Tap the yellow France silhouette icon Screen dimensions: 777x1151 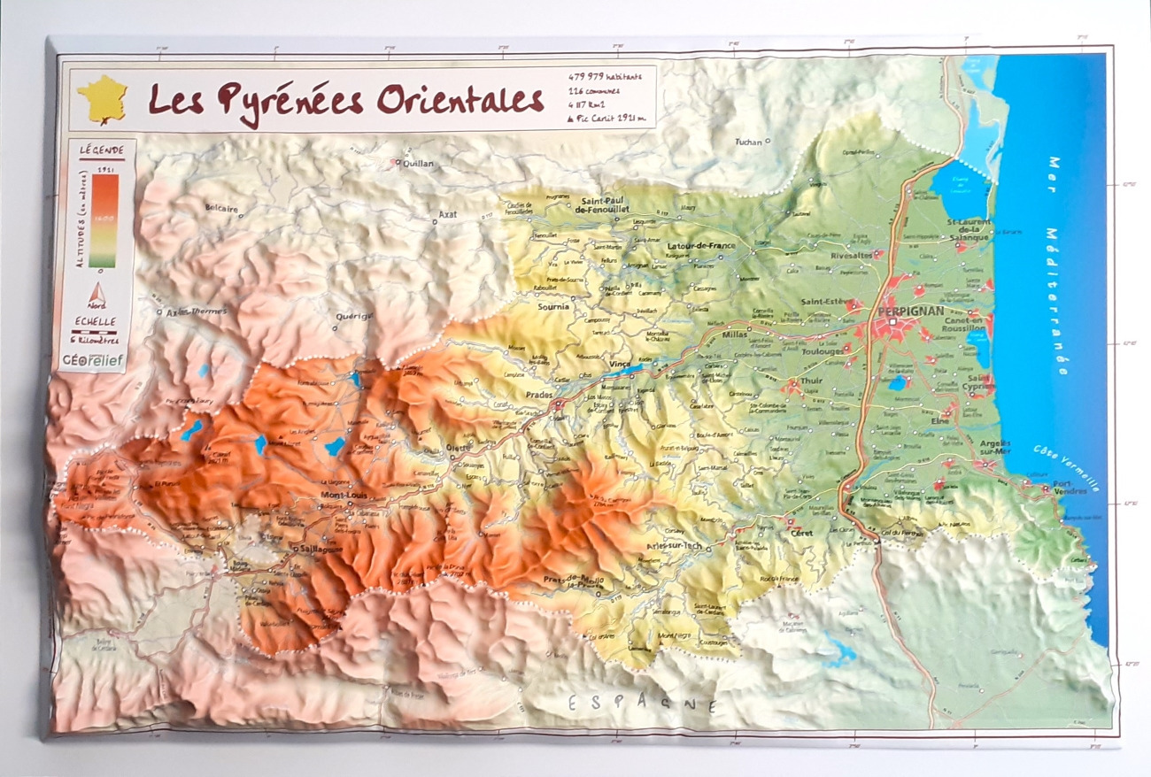pyautogui.click(x=102, y=98)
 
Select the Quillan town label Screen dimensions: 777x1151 pyautogui.click(x=418, y=164)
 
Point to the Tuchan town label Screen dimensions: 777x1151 pyautogui.click(x=748, y=142)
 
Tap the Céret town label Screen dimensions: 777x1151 pyautogui.click(x=802, y=534)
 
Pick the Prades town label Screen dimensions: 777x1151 pyautogui.click(x=539, y=395)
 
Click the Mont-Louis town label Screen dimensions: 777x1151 pyautogui.click(x=343, y=495)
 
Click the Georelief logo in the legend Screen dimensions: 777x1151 pyautogui.click(x=92, y=359)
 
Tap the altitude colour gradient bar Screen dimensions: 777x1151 pyautogui.click(x=104, y=220)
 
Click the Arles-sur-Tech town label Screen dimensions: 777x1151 pyautogui.click(x=674, y=547)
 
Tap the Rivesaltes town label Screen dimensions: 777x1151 pyautogui.click(x=852, y=255)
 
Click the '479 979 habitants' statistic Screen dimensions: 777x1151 pyautogui.click(x=606, y=77)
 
